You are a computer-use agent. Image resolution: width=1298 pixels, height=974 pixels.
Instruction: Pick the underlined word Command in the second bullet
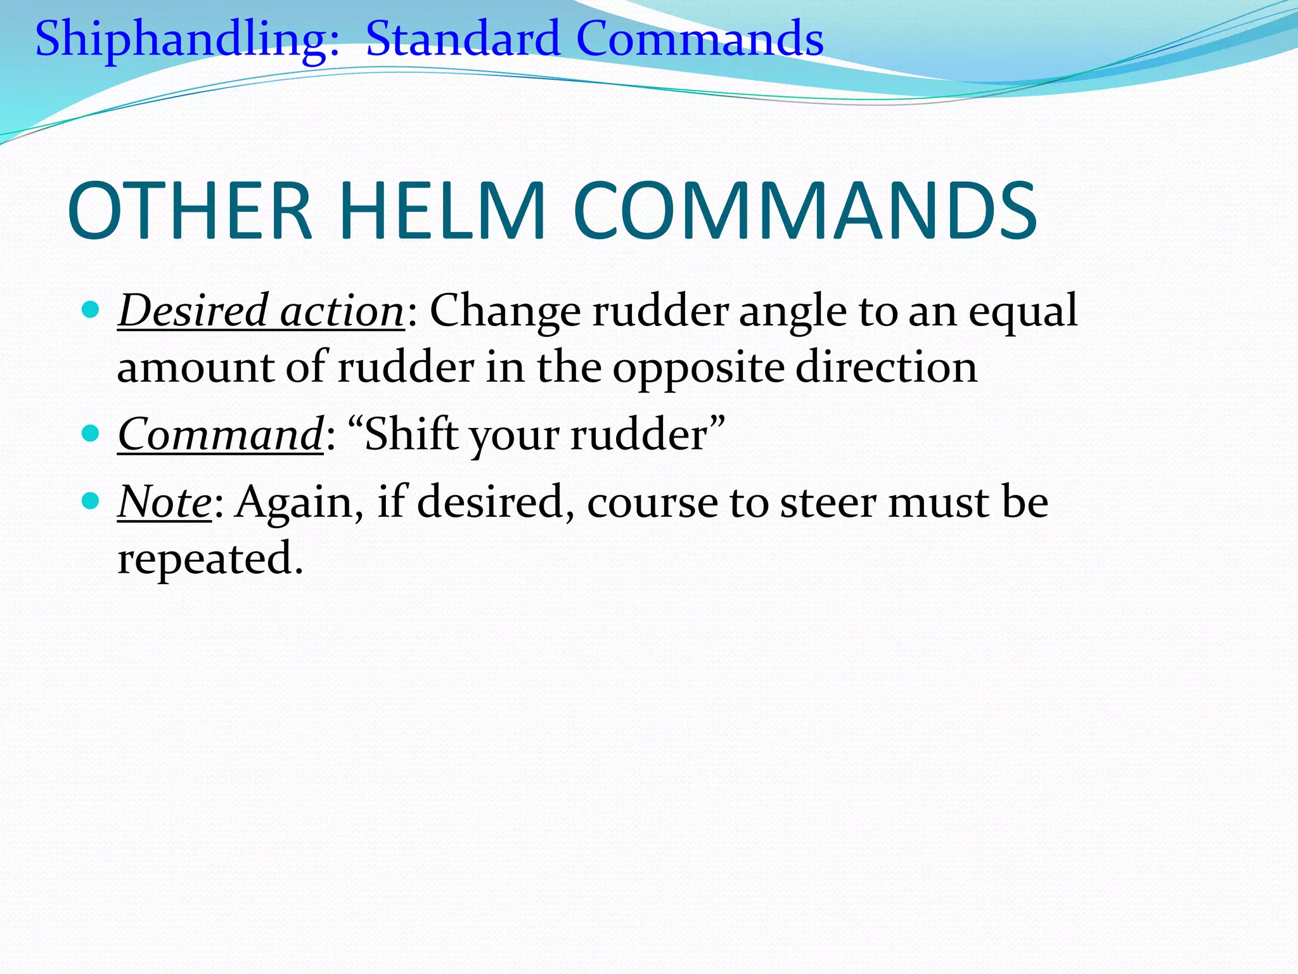221,435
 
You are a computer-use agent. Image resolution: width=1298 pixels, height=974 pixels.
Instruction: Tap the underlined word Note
165,502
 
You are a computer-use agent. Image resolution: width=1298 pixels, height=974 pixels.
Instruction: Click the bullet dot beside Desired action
92,309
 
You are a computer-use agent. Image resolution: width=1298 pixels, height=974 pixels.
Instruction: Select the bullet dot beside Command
92,434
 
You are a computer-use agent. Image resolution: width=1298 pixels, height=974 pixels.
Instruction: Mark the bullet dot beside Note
92,501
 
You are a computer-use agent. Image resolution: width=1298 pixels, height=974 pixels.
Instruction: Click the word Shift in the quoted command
411,435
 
